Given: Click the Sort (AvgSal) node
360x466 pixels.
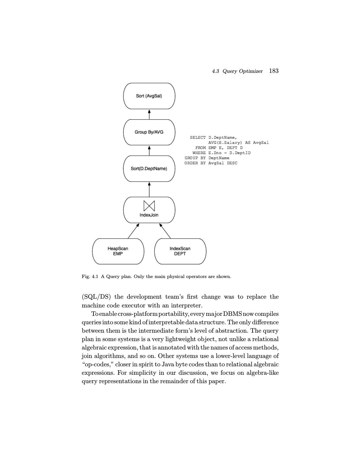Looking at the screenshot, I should coord(149,96).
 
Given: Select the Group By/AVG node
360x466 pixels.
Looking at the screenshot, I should coord(149,132).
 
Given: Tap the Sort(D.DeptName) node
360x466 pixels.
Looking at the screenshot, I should coord(149,169).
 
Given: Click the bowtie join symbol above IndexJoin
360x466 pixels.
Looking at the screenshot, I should coord(149,206).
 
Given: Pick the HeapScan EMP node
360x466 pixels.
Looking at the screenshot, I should coord(118,251).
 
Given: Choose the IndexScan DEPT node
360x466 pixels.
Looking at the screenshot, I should coord(180,251).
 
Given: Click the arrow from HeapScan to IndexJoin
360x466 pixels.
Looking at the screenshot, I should coord(133,231).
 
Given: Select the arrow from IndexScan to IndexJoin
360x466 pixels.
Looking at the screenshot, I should coord(165,231).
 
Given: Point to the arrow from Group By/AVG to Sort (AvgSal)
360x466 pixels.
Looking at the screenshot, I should coord(149,114).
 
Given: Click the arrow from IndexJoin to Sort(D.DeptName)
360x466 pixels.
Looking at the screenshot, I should coord(149,189).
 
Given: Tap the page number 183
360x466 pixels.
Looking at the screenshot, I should coord(274,71).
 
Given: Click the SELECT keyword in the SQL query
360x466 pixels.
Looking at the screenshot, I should coord(198,138).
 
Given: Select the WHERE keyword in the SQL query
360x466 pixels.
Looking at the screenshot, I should coord(199,153).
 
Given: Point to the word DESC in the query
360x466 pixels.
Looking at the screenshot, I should coord(232,163).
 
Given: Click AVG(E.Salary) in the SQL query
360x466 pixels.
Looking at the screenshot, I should coord(225,143).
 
